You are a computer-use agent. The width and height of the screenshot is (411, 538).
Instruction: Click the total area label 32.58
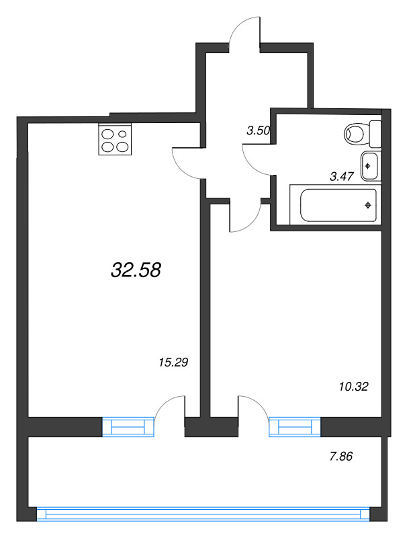tap(136, 270)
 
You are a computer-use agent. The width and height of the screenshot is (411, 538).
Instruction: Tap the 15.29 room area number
tap(174, 362)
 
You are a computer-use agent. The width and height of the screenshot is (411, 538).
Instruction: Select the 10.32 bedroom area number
tap(353, 387)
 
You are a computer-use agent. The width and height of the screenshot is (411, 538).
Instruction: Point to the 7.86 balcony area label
tap(340, 457)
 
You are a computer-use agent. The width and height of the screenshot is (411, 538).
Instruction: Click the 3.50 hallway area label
tap(259, 130)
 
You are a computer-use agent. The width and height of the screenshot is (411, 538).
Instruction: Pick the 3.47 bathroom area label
tap(341, 176)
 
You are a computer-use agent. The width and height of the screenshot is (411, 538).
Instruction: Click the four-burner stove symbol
tap(115, 140)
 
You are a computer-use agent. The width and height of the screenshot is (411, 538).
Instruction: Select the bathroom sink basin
tap(369, 166)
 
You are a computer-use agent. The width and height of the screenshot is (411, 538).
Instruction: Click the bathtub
tap(335, 205)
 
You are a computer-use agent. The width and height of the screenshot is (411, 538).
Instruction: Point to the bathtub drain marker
tap(368, 206)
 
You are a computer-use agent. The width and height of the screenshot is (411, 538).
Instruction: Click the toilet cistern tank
tap(375, 134)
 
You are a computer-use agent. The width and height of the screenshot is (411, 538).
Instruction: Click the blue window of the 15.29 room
tap(128, 427)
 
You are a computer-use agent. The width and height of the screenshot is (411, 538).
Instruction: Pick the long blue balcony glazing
tap(203, 514)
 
